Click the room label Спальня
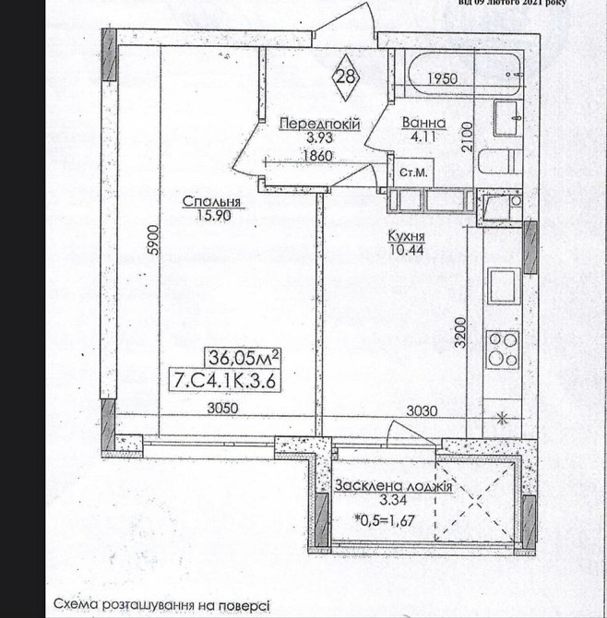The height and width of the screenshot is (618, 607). click(x=211, y=201)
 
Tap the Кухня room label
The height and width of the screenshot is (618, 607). click(x=407, y=236)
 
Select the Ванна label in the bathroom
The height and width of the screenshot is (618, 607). click(x=423, y=123)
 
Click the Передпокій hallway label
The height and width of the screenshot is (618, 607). click(x=320, y=124)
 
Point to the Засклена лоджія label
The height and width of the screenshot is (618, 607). click(x=393, y=486)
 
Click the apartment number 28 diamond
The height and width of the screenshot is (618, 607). click(x=346, y=77)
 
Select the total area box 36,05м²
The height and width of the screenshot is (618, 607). click(x=243, y=358)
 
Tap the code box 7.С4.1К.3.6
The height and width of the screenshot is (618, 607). click(x=225, y=381)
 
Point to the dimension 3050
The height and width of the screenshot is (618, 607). click(x=222, y=408)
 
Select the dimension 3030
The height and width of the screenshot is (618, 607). click(x=422, y=411)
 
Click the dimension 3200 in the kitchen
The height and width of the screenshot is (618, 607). click(x=460, y=333)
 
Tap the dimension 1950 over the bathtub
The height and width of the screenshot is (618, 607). click(x=442, y=78)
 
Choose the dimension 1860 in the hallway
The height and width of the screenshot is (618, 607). click(x=317, y=156)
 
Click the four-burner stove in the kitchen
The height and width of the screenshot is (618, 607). click(x=503, y=350)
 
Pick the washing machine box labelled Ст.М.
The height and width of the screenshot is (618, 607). click(x=414, y=172)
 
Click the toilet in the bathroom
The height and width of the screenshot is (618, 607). click(x=500, y=160)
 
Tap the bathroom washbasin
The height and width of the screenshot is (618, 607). click(x=507, y=118)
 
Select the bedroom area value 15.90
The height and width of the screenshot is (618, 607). click(x=214, y=215)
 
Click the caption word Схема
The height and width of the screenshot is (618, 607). click(x=76, y=604)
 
